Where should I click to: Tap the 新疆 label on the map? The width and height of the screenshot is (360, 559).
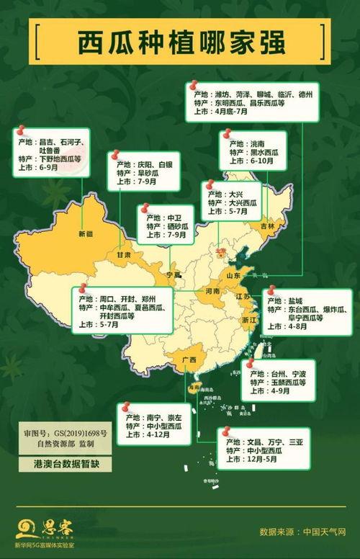coord(86,233)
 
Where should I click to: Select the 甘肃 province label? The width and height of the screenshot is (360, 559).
coord(124,255)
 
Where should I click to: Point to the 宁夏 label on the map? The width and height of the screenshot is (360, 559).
coord(174,275)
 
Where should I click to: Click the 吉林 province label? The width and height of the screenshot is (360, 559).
coord(267,225)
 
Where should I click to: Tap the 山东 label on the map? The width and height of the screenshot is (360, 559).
coord(234,276)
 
